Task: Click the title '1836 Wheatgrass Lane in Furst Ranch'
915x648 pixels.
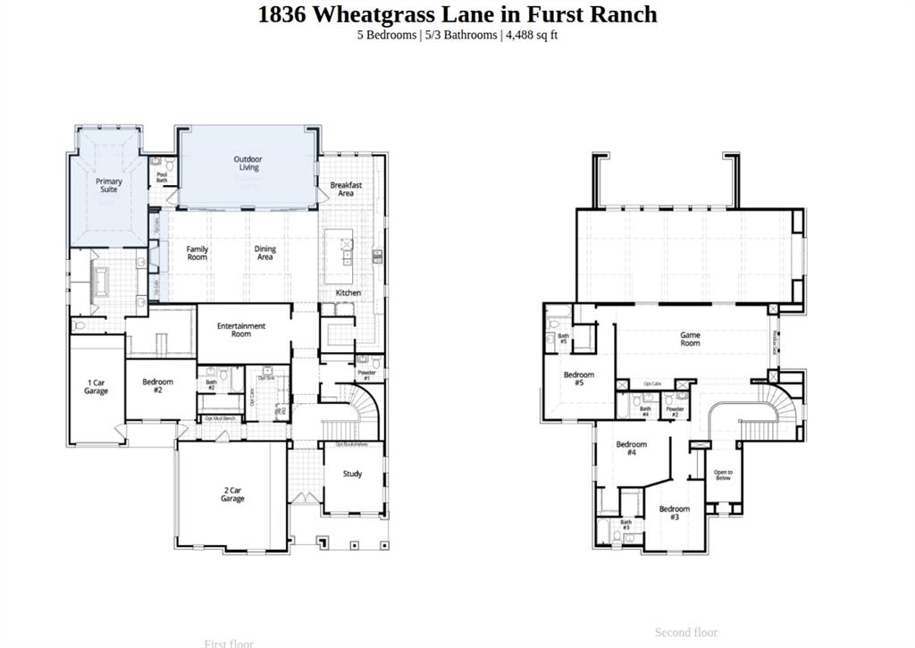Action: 457,14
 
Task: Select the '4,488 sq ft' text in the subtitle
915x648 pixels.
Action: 532,35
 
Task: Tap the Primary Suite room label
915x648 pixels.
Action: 109,185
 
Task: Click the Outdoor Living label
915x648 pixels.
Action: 248,164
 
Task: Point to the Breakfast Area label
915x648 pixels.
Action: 346,189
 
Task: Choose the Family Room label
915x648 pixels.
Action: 197,253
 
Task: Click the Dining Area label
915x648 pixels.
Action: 265,253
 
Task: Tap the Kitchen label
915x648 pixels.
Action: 348,293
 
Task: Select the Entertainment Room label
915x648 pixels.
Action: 241,330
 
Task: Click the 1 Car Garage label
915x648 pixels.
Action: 97,387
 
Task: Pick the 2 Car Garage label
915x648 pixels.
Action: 232,494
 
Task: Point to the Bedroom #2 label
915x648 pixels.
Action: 158,385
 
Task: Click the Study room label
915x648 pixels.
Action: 352,474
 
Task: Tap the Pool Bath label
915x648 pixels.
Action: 162,178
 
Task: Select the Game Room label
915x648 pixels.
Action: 690,339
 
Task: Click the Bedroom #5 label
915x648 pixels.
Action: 579,379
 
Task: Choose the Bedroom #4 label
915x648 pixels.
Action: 631,448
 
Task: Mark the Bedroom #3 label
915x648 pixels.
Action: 675,513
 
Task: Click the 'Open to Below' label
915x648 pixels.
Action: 723,475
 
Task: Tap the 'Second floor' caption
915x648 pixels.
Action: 685,632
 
